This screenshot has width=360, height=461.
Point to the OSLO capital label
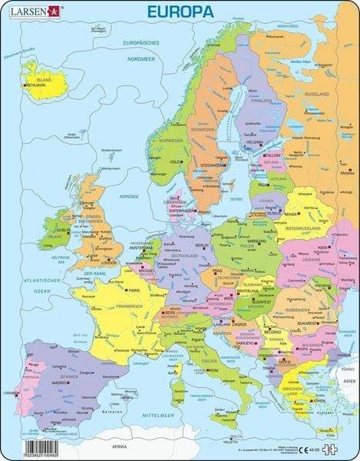tap(174, 162)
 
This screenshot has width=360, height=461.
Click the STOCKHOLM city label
tap(210, 165)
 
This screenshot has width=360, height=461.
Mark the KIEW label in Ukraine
tap(319, 248)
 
